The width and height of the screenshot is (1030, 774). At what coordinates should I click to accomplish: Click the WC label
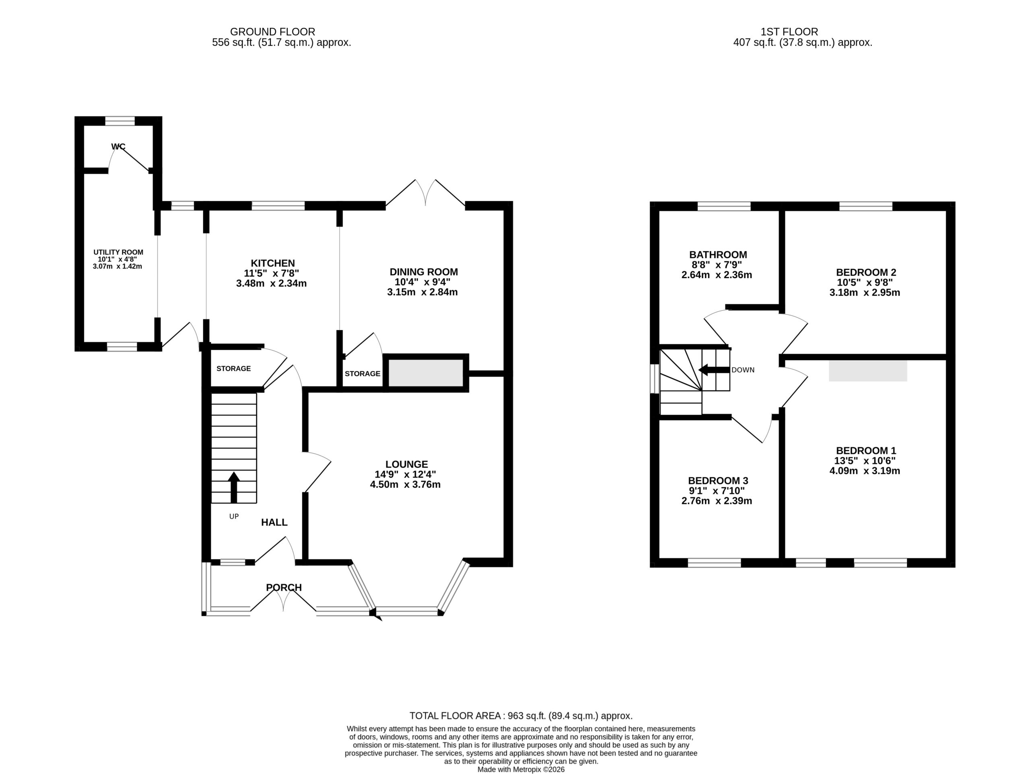pos(118,147)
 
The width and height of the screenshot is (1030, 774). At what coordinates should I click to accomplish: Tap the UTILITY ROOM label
pos(118,252)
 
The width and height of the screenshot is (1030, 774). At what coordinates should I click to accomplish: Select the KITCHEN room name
pos(273,263)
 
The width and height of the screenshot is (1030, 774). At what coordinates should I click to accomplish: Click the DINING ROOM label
pos(424,272)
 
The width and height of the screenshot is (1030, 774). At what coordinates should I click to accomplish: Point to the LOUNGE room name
pos(406,464)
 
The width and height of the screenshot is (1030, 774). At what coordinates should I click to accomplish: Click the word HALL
pos(274,522)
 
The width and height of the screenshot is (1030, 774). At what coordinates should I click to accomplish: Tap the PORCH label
pos(284,588)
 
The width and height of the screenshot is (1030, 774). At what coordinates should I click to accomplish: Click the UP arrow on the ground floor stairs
pos(234,487)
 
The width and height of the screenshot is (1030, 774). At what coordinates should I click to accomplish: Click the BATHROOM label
pos(718,255)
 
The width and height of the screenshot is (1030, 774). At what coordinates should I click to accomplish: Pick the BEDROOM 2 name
pos(866,272)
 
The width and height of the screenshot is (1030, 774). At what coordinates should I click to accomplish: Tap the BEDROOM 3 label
pos(718,481)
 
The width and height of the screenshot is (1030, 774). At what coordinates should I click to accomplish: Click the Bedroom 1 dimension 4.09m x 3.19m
pos(865,471)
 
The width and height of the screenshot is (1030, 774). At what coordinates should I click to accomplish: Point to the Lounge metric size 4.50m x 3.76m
pos(405,484)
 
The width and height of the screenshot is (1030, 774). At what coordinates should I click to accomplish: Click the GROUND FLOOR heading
pos(272,32)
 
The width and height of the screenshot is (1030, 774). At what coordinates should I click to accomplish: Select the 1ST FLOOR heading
pos(789,32)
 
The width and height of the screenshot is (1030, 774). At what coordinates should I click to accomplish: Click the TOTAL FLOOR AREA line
pos(521,716)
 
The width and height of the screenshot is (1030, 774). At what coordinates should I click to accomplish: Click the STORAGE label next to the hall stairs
pos(234,368)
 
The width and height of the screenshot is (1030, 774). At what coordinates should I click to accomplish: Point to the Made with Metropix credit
pos(521,769)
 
